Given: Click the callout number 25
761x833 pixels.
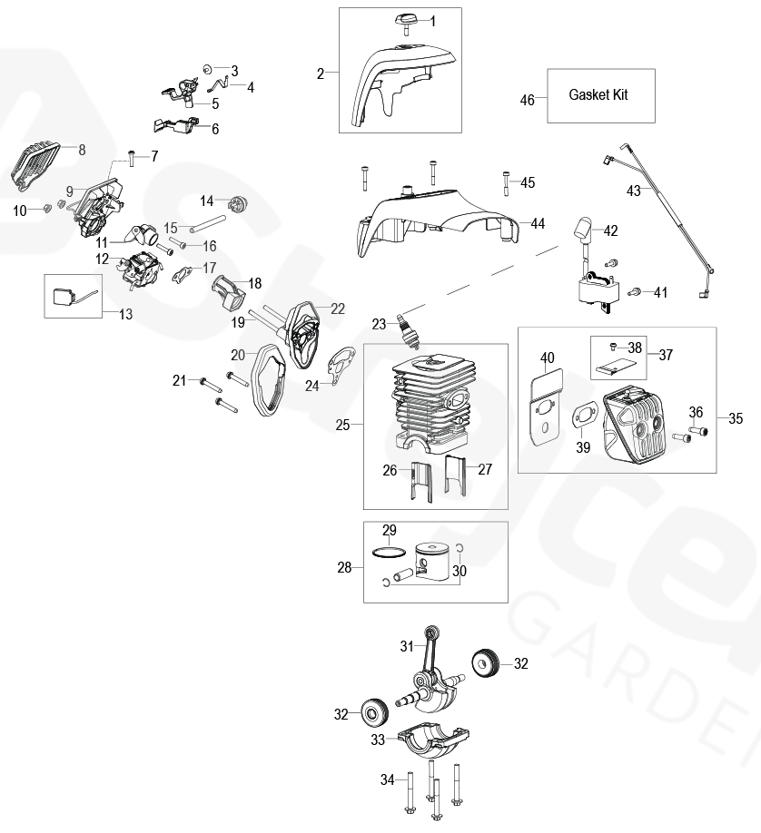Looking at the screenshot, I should pyautogui.click(x=341, y=424).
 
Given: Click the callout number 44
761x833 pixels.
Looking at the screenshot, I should pyautogui.click(x=538, y=223).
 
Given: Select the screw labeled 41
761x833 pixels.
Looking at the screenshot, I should pyautogui.click(x=635, y=290).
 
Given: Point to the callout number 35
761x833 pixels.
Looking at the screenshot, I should pyautogui.click(x=735, y=417).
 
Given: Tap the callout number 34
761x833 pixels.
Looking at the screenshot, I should pyautogui.click(x=388, y=779).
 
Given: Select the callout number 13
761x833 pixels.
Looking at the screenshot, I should pyautogui.click(x=125, y=313).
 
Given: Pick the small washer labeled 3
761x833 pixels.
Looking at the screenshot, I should pyautogui.click(x=208, y=69).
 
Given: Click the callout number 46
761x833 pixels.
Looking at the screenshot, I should pyautogui.click(x=527, y=100).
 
